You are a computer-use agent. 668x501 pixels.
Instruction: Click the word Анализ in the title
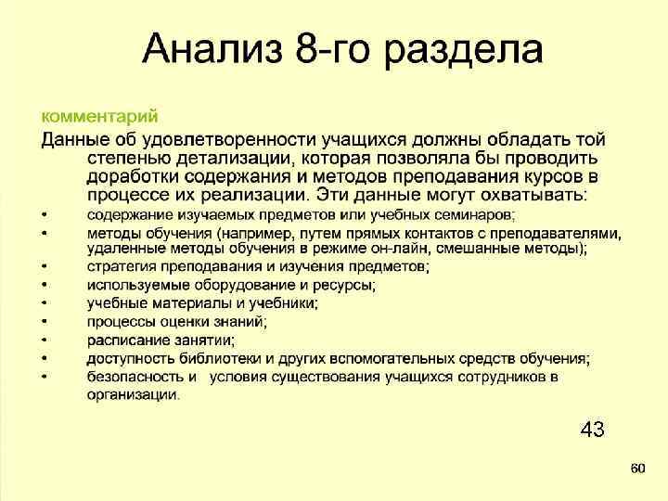coord(213,50)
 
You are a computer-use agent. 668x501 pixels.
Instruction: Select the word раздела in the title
coord(464,50)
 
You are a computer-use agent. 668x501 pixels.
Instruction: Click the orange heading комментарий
coord(99,117)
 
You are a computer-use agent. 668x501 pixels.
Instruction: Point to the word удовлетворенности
coord(238,140)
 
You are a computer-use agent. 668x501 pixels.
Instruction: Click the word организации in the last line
coord(133,394)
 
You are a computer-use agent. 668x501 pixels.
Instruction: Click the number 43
coord(592,429)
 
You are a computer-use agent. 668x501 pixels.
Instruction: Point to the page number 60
coord(636,469)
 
